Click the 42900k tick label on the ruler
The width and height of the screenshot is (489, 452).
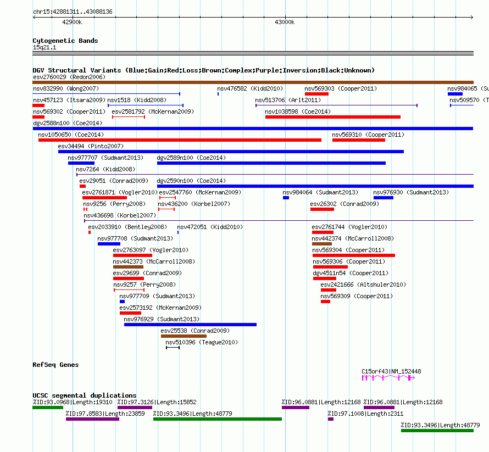[72, 22]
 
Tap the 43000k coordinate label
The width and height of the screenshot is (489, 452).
[285, 22]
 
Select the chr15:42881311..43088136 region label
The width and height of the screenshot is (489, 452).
[73, 12]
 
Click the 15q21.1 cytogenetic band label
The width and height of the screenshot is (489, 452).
[45, 47]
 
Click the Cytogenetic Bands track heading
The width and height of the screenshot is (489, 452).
[65, 41]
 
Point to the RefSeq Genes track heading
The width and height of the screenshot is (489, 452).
[55, 365]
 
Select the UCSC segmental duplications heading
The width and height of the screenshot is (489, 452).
[85, 395]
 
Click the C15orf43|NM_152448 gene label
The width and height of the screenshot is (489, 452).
[391, 371]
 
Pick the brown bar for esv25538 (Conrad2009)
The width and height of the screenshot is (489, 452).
[184, 336]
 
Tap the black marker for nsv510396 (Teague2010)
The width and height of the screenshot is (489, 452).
[173, 348]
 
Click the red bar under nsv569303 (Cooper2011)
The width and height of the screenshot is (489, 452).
[316, 94]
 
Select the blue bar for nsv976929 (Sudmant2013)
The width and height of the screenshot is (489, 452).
[190, 325]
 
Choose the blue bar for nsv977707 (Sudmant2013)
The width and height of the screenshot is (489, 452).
[81, 163]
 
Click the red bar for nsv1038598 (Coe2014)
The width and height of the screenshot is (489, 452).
[333, 117]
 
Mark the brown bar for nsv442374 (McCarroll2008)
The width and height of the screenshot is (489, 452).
[322, 244]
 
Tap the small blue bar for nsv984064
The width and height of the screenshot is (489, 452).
[286, 198]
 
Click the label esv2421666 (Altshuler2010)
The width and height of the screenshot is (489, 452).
[363, 284]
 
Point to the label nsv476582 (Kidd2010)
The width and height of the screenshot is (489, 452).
[250, 88]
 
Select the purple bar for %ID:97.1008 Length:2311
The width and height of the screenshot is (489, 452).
[331, 419]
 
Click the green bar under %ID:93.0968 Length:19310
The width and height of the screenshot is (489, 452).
[48, 408]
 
